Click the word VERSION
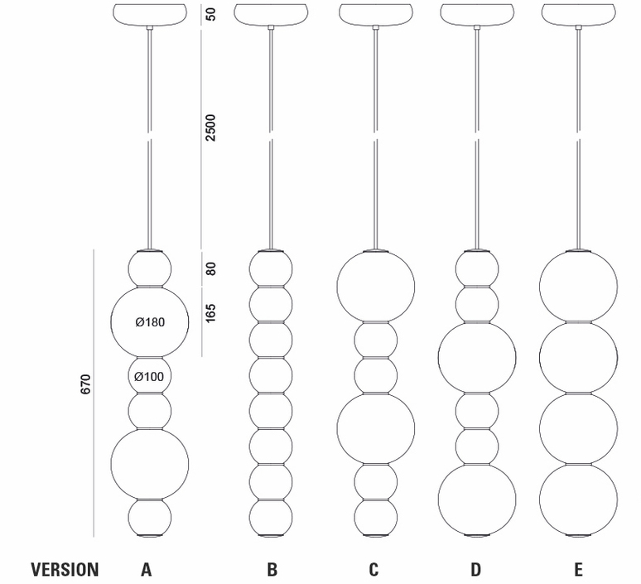click(65, 569)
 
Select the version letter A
click(147, 569)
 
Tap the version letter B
click(272, 569)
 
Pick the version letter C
click(374, 569)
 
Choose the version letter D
click(476, 569)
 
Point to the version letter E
click(578, 569)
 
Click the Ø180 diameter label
click(150, 322)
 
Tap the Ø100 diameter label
click(149, 376)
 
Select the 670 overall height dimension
click(85, 384)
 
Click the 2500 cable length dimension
click(210, 128)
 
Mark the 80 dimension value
click(210, 268)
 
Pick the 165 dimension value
click(210, 313)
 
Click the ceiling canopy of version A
click(150, 15)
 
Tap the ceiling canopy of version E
click(578, 15)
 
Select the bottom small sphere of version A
click(150, 518)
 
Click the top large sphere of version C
click(376, 287)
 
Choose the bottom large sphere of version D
click(477, 500)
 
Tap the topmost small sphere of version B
click(271, 268)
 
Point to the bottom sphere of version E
click(578, 500)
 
